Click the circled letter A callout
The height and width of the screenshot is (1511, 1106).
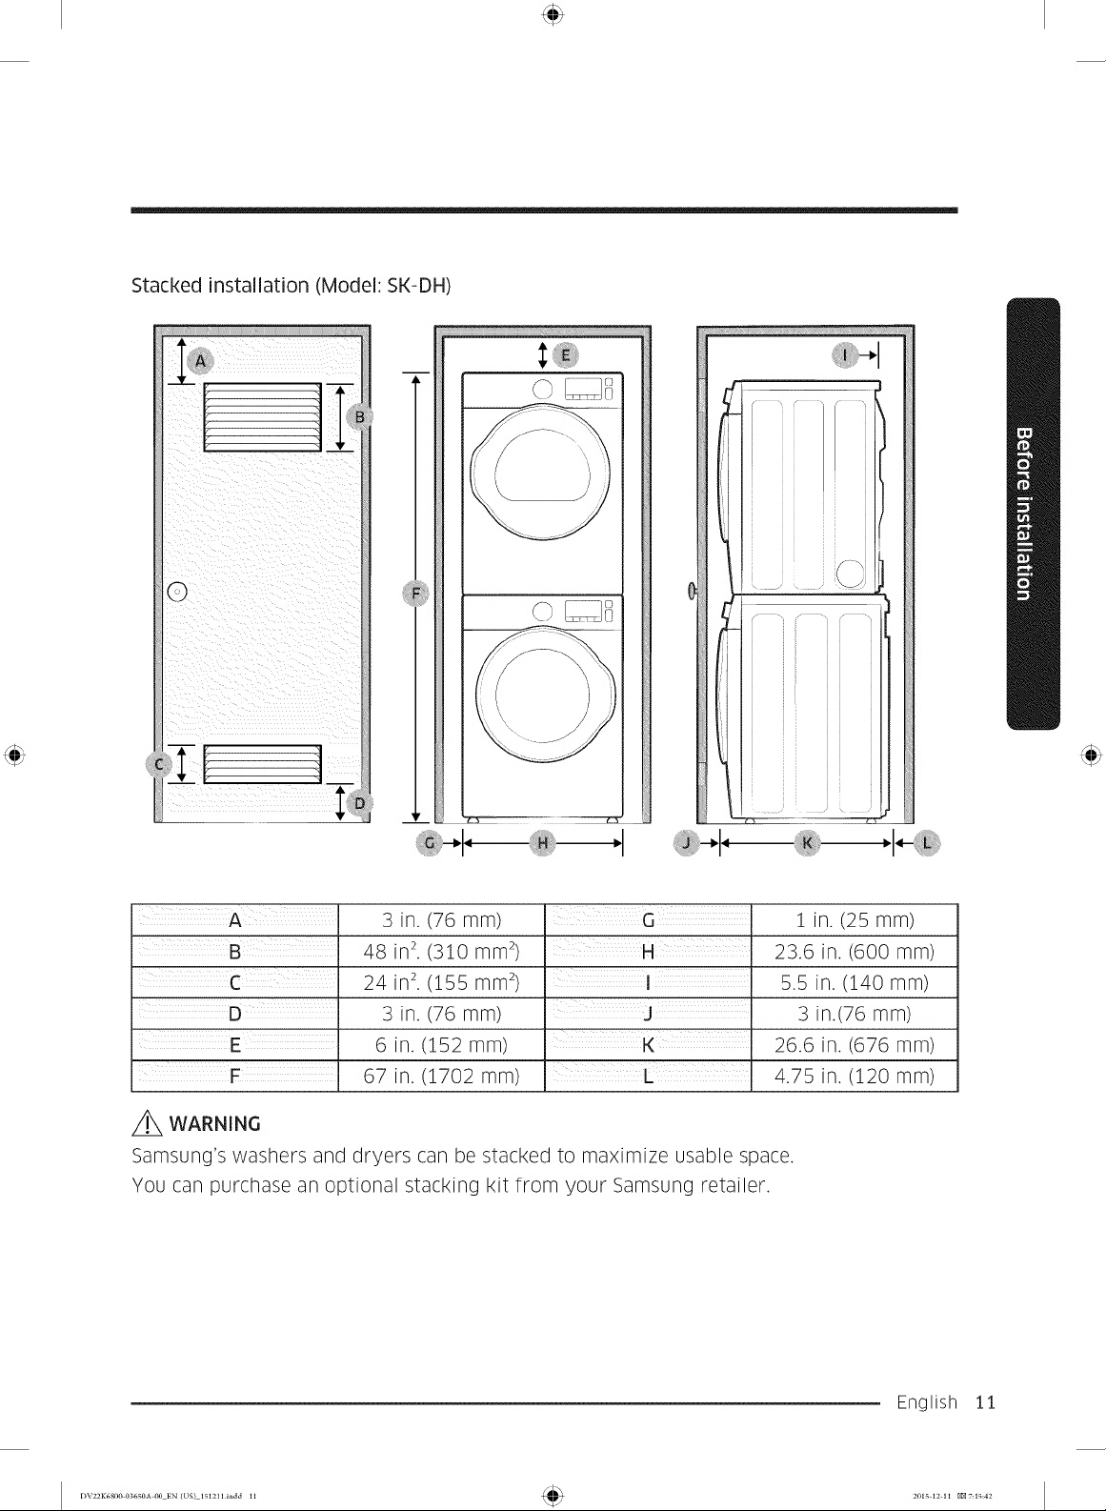[x=200, y=362]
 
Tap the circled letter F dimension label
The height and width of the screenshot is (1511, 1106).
[x=415, y=594]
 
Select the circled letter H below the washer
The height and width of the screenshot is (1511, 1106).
[x=542, y=842]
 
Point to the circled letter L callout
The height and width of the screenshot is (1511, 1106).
[x=927, y=842]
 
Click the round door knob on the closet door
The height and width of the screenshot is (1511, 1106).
[x=177, y=592]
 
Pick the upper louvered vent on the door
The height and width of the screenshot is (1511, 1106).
[x=262, y=417]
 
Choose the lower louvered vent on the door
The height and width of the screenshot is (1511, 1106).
[x=262, y=764]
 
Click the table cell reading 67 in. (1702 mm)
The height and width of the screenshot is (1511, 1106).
[x=441, y=1076]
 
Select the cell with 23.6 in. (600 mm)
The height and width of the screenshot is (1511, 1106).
[x=855, y=952]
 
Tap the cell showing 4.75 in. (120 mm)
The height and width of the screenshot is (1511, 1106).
[x=855, y=1076]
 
